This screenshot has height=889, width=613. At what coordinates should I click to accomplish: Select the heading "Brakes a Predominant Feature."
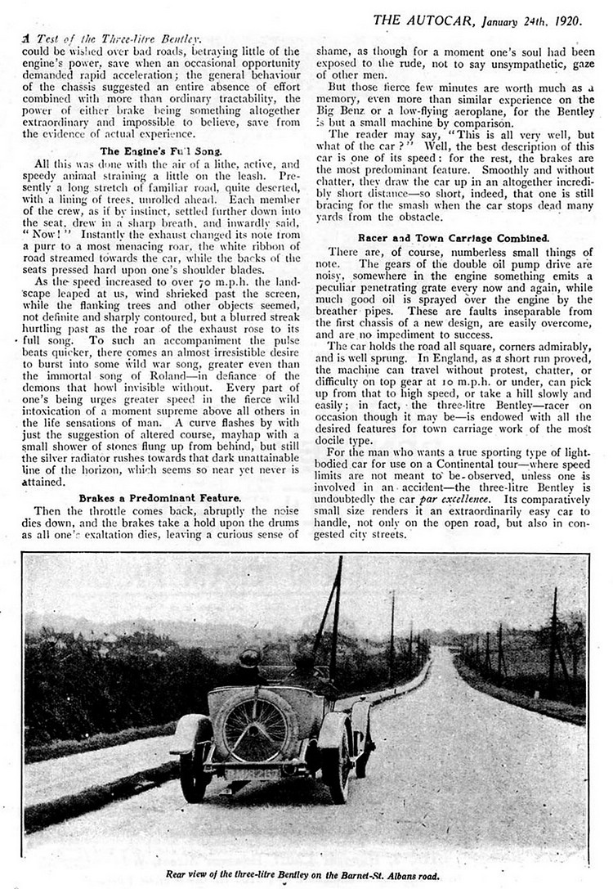[159, 498]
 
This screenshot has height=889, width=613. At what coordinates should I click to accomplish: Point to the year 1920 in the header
[566, 20]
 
